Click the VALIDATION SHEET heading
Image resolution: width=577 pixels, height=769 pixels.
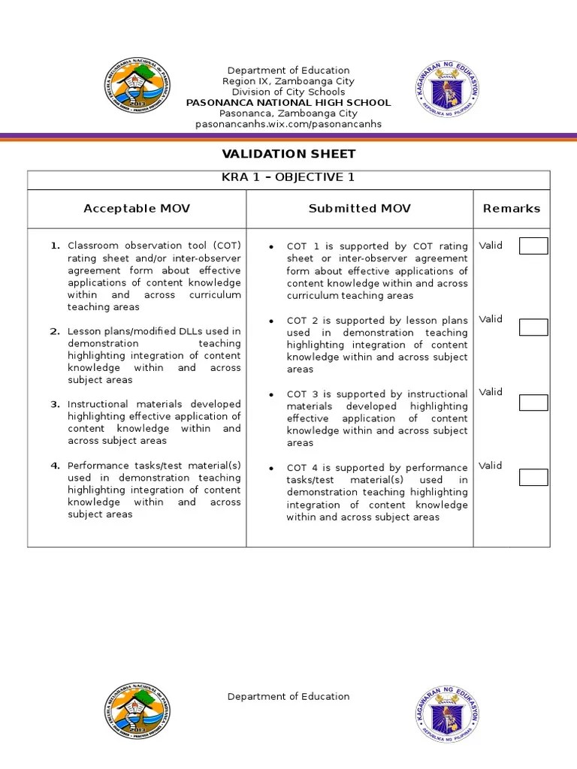click(x=288, y=154)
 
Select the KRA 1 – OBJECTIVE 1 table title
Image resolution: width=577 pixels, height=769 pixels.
click(x=288, y=178)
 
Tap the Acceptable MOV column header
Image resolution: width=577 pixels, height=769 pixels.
click(x=137, y=209)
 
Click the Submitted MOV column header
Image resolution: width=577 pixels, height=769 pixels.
click(x=359, y=209)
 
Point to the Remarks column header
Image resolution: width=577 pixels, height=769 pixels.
click(x=511, y=209)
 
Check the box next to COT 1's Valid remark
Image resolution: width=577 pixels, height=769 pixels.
click(x=533, y=246)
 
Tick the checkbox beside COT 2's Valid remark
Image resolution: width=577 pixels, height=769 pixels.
click(x=533, y=327)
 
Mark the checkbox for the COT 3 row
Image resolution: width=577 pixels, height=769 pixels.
click(x=533, y=403)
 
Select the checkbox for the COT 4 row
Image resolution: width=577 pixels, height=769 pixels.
click(x=533, y=477)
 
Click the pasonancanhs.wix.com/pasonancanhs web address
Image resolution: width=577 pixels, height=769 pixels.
click(x=288, y=124)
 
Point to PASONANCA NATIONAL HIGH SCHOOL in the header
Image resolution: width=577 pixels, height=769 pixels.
click(x=288, y=102)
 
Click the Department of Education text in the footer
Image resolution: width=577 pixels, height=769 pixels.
click(x=288, y=696)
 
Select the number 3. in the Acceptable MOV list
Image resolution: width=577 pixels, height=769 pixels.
click(x=55, y=404)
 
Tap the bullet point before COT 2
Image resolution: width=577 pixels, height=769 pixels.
click(x=270, y=321)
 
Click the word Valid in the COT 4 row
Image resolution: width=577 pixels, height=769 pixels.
click(x=491, y=466)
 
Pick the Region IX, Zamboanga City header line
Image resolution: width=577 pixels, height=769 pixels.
click(x=288, y=81)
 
